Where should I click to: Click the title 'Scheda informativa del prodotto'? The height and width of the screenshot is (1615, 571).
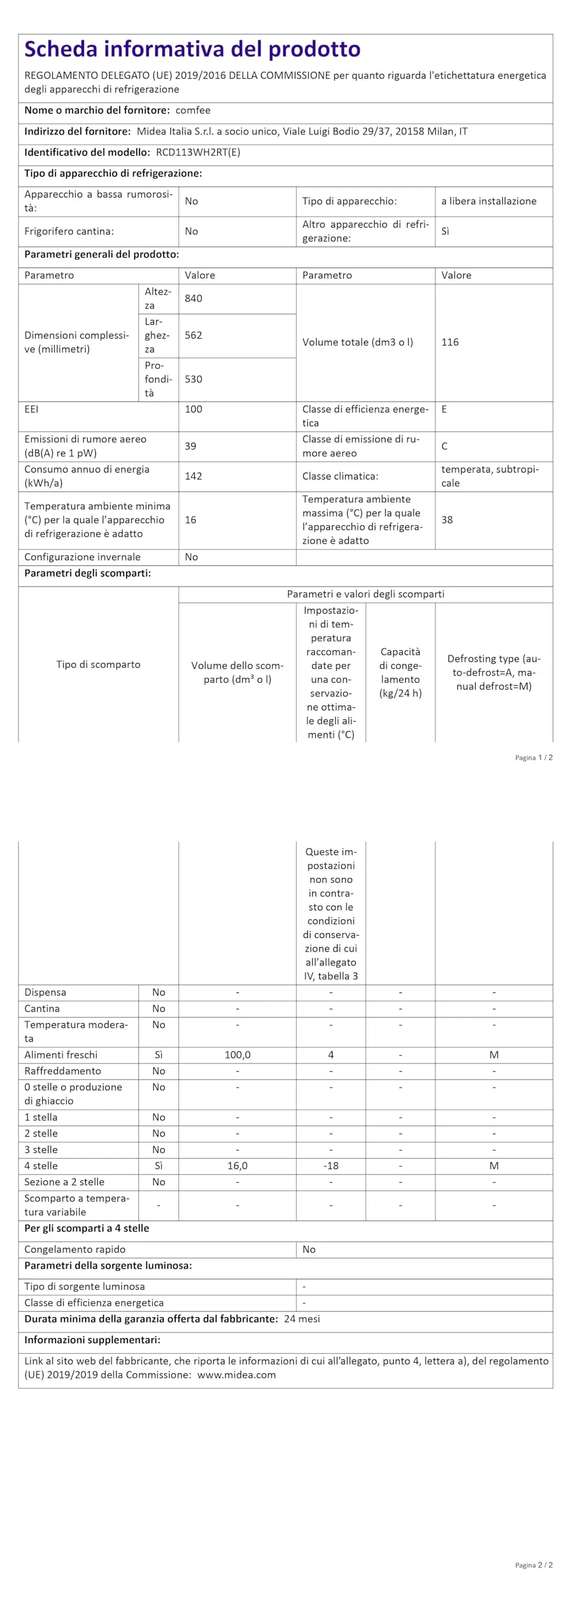(x=192, y=49)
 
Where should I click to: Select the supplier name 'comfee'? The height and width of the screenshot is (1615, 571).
(x=192, y=110)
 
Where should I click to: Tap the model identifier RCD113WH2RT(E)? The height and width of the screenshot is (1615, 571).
(x=198, y=153)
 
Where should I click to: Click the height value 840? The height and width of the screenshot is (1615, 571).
(x=194, y=298)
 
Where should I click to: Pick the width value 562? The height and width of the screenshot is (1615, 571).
(x=194, y=336)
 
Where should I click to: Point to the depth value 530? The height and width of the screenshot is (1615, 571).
(x=194, y=379)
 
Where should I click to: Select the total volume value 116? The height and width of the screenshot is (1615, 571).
(x=450, y=343)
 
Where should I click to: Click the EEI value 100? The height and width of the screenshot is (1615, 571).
(x=194, y=409)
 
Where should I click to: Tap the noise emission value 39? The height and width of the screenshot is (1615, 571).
(x=191, y=446)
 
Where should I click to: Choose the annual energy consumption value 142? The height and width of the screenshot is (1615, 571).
(x=194, y=476)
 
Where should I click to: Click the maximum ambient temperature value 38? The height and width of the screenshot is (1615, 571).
(x=447, y=520)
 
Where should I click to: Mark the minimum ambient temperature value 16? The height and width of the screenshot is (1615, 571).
(x=191, y=520)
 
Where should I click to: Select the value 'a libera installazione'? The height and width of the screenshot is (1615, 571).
(x=488, y=201)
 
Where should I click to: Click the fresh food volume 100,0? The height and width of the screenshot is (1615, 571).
(x=237, y=1055)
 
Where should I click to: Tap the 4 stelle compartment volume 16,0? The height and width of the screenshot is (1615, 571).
(x=237, y=1166)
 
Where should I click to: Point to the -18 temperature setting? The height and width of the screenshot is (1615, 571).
(x=331, y=1166)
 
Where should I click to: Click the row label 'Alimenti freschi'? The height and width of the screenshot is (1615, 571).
(x=61, y=1055)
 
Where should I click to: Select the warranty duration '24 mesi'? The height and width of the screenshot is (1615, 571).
(x=302, y=1319)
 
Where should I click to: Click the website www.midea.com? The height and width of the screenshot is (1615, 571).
(x=236, y=1375)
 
